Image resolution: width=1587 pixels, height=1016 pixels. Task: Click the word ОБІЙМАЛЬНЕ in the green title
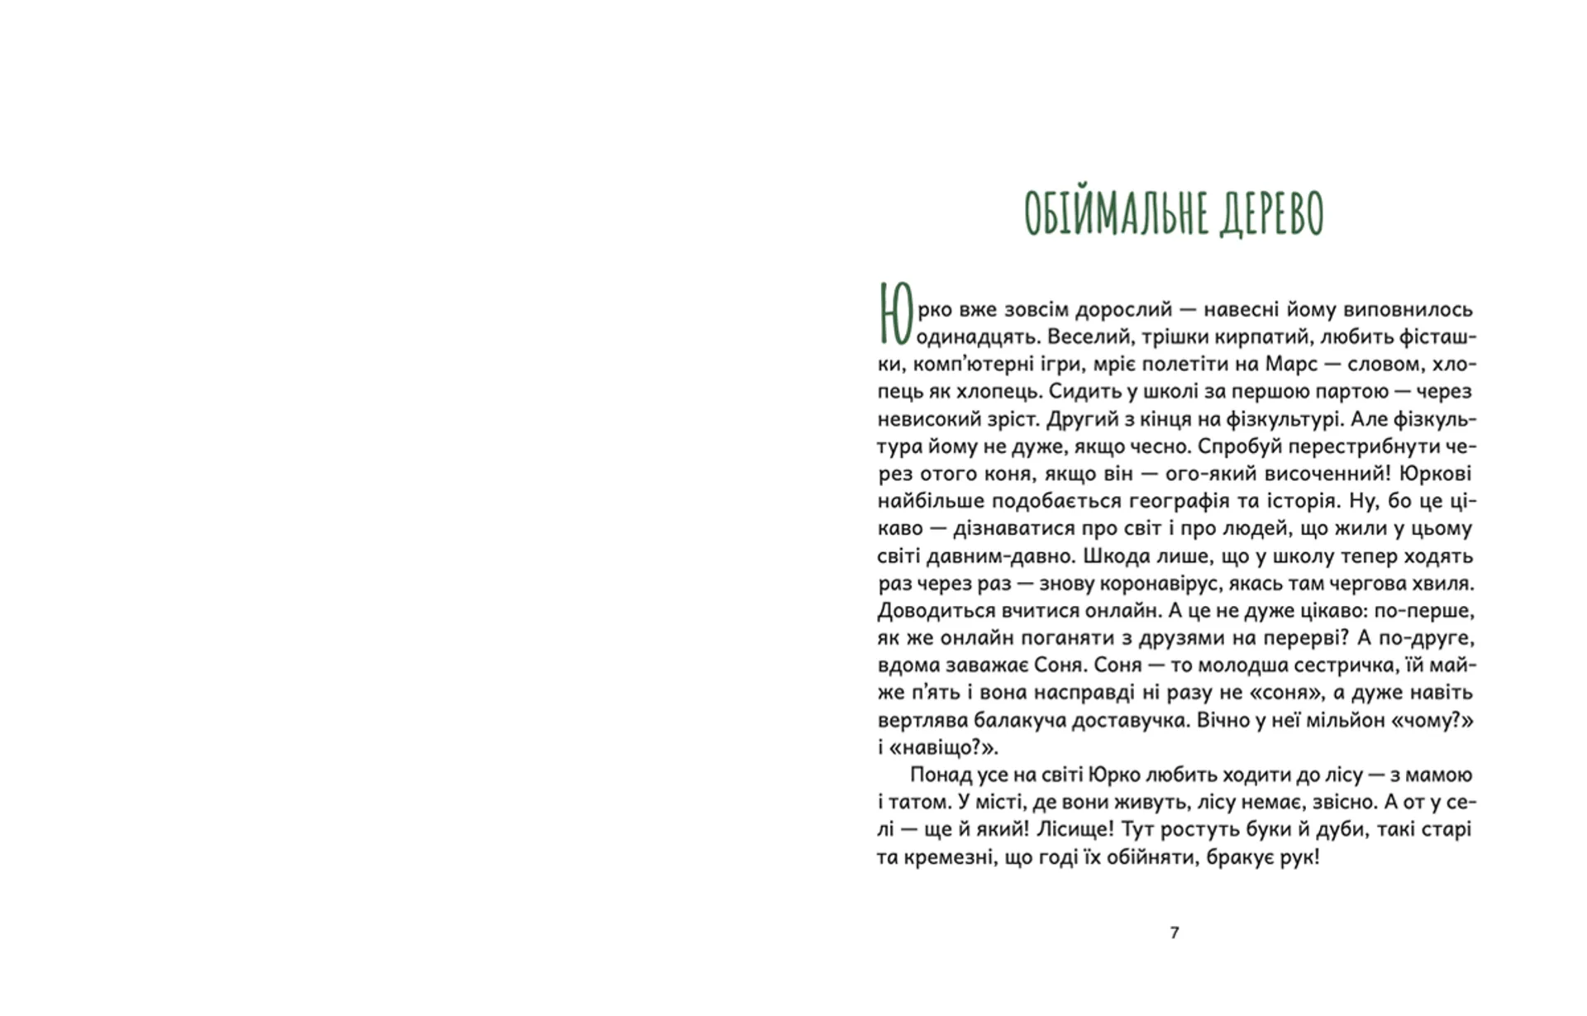[1108, 213]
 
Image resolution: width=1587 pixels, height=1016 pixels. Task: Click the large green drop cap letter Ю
[894, 314]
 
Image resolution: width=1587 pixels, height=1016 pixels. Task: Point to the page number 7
[1175, 933]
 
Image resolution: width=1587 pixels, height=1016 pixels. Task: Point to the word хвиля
[1442, 584]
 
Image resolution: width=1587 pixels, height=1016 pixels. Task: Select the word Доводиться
[925, 611]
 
